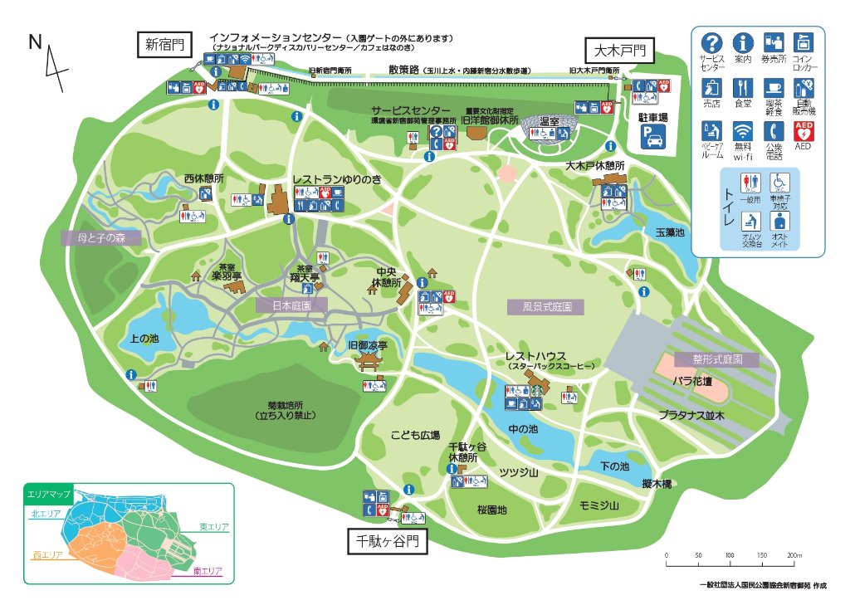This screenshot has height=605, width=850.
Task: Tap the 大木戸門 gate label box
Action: point(618,51)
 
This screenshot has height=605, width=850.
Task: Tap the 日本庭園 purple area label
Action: point(291,305)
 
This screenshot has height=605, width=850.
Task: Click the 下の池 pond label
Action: point(614,466)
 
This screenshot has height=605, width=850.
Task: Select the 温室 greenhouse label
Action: point(549,121)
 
